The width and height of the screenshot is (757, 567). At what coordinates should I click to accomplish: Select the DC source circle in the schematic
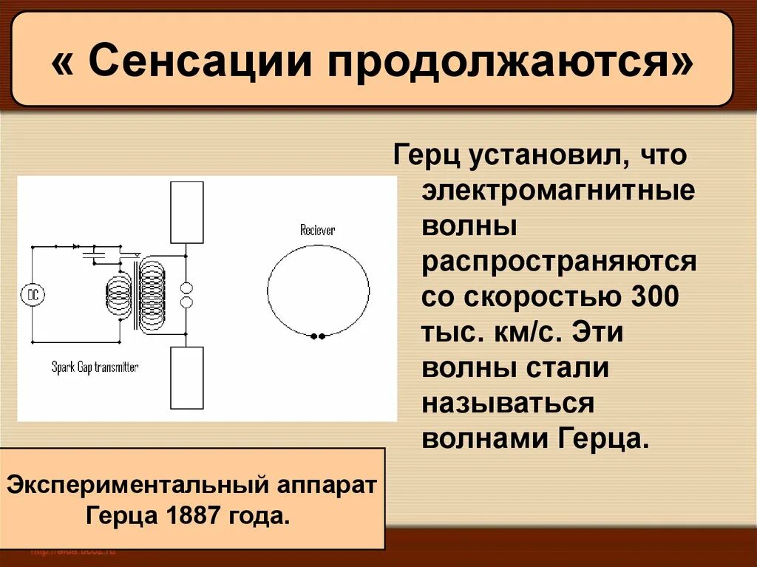(33, 295)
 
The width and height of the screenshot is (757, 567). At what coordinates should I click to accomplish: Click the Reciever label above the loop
(317, 230)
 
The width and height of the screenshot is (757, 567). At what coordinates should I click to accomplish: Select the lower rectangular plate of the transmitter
(186, 377)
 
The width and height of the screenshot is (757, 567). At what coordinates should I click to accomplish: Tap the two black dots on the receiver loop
(318, 336)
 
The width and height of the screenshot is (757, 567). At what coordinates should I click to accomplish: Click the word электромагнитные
(558, 191)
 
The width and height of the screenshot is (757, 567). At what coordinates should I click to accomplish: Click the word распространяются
(559, 262)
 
